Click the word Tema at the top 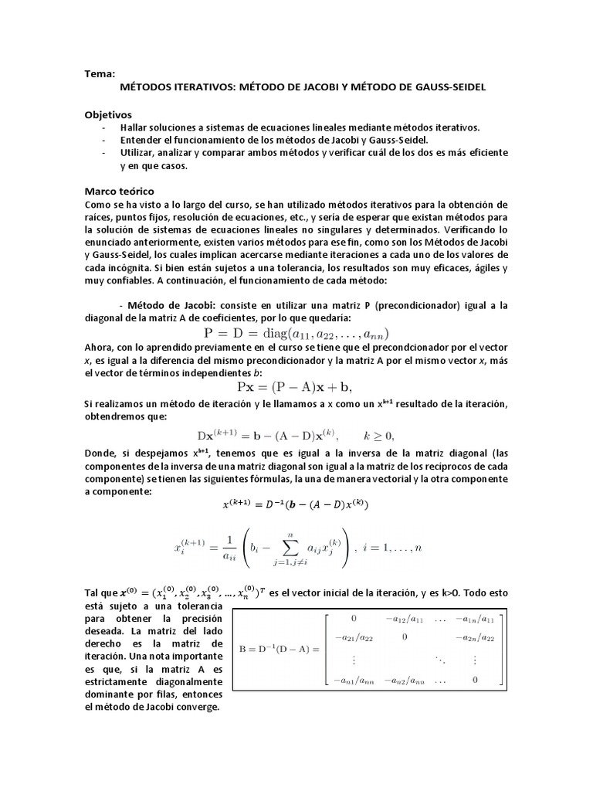click(x=99, y=74)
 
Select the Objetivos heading click(x=108, y=114)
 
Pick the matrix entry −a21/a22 click(x=354, y=638)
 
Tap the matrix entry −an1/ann click(x=354, y=681)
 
